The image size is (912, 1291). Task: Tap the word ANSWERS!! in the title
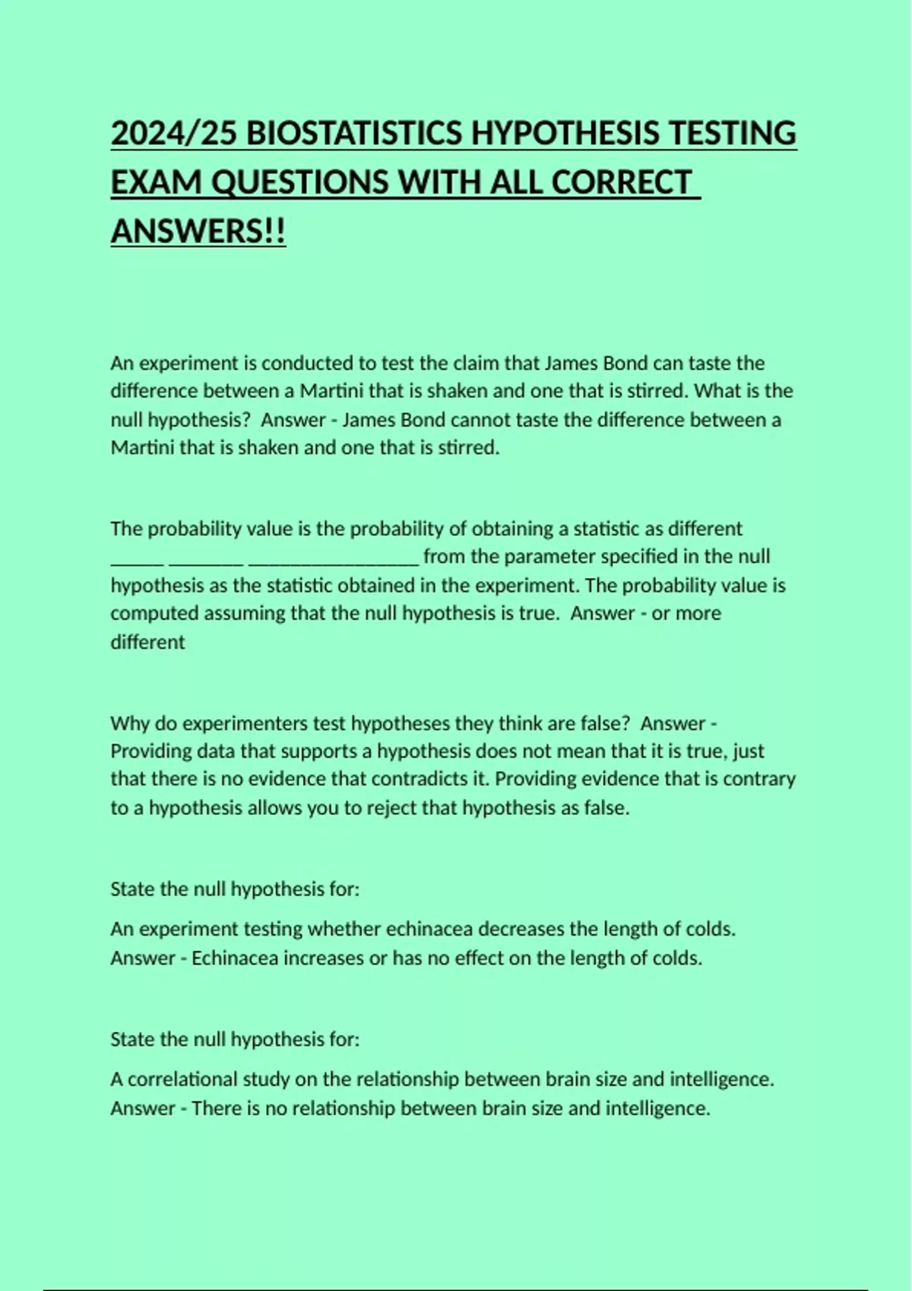pos(198,231)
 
